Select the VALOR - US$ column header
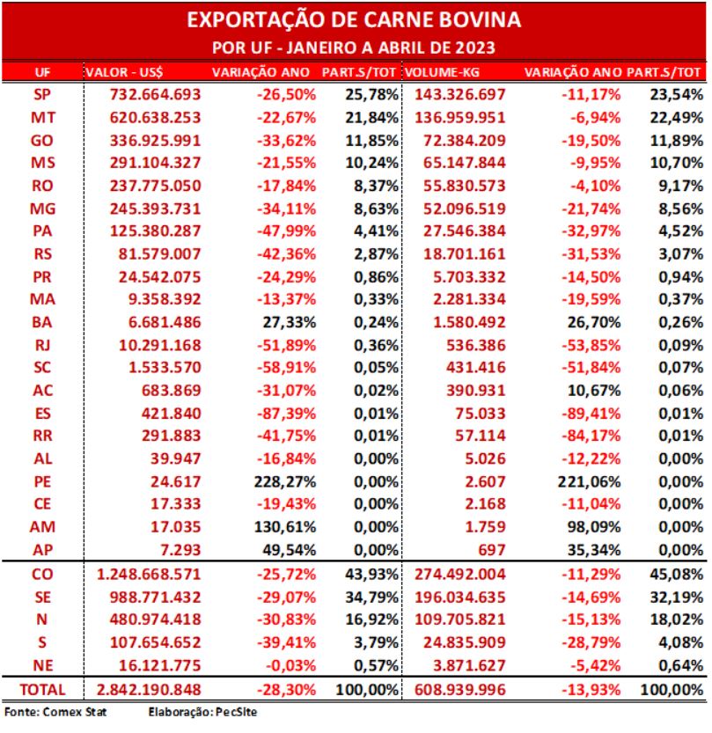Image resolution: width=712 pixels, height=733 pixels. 124,72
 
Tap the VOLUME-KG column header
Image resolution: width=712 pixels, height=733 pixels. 442,72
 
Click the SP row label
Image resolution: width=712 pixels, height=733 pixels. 42,94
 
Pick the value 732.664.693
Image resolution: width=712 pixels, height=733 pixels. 155,94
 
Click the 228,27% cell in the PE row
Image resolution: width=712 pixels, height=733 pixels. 285,481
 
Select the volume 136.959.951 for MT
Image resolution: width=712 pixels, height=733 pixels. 460,117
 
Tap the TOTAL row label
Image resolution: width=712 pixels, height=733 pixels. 42,690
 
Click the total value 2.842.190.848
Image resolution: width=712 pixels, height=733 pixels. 149,690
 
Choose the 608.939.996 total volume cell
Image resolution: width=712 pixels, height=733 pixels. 460,690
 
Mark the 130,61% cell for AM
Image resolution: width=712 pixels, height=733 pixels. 285,527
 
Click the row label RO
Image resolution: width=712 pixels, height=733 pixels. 42,186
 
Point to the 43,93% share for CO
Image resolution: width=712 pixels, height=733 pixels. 372,574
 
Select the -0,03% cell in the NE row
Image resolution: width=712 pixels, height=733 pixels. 290,665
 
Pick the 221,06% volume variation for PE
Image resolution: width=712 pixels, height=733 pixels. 589,481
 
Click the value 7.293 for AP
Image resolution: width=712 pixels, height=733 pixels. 180,550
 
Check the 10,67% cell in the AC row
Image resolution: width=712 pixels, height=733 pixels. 594,391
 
